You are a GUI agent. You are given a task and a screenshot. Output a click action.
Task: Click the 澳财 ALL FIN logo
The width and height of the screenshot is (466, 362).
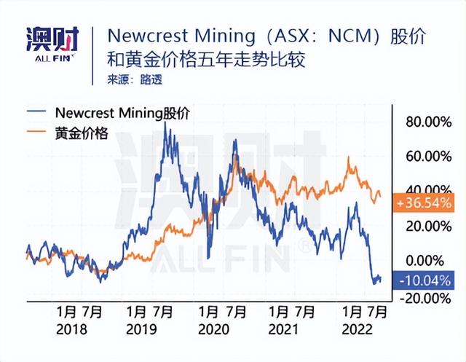tap(52, 44)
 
